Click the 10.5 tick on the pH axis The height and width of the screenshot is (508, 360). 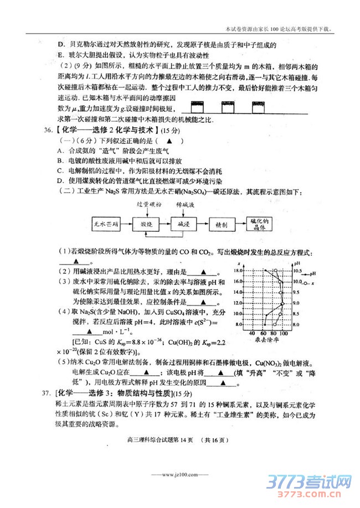297,272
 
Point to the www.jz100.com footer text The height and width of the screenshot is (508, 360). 180,474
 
